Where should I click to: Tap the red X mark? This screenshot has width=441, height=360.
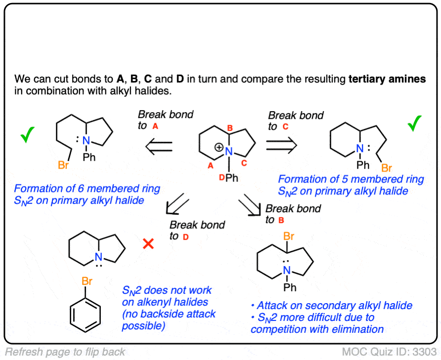coord(147,244)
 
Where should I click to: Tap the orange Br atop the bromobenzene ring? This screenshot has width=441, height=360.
coord(87,281)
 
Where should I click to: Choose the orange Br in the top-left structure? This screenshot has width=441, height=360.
coord(63,165)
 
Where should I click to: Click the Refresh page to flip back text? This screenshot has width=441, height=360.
coord(65,352)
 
